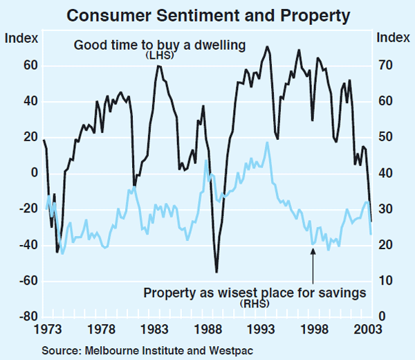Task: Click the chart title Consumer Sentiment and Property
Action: tap(207, 14)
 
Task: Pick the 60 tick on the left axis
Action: tap(28, 66)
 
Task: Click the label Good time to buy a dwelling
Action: tap(160, 46)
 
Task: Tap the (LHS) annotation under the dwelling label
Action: tap(160, 55)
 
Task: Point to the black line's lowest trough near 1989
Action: tap(216, 272)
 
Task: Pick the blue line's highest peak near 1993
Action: tap(267, 143)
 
